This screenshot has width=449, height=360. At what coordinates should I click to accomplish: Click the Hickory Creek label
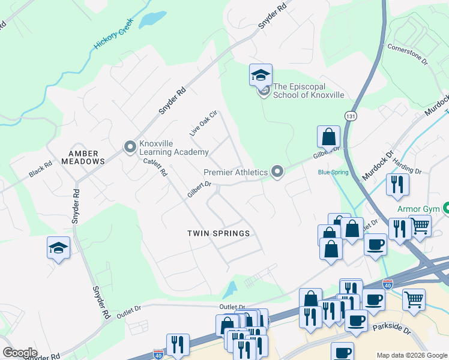click(113, 38)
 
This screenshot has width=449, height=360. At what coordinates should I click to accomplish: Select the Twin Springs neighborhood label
click(218, 233)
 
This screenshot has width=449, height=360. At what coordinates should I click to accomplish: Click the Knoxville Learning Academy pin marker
click(130, 147)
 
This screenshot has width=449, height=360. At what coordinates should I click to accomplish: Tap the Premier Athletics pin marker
click(277, 172)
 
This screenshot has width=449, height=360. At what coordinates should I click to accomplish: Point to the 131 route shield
click(351, 115)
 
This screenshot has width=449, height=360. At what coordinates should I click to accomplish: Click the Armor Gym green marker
click(447, 209)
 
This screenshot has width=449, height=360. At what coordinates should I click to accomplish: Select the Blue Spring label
click(333, 172)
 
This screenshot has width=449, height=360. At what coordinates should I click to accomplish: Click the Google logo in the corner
click(20, 353)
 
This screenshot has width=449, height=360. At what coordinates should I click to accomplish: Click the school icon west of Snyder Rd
click(59, 248)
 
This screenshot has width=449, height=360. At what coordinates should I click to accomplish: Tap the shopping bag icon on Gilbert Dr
click(329, 137)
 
